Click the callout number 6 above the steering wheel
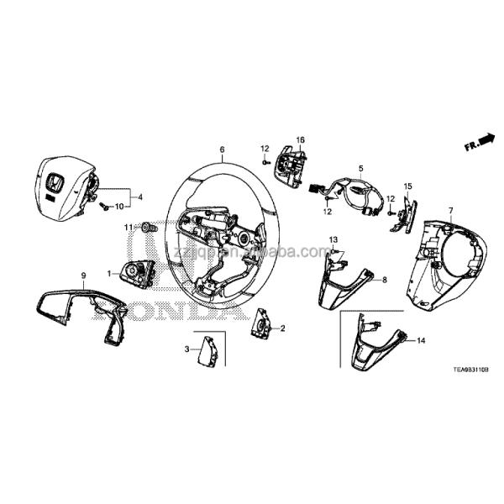tap(222, 151)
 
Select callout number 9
tap(83, 276)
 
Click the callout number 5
tap(361, 169)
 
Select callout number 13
tap(333, 239)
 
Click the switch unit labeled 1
tap(134, 272)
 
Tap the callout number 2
tap(282, 328)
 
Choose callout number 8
tap(384, 279)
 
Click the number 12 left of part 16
tap(263, 149)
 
